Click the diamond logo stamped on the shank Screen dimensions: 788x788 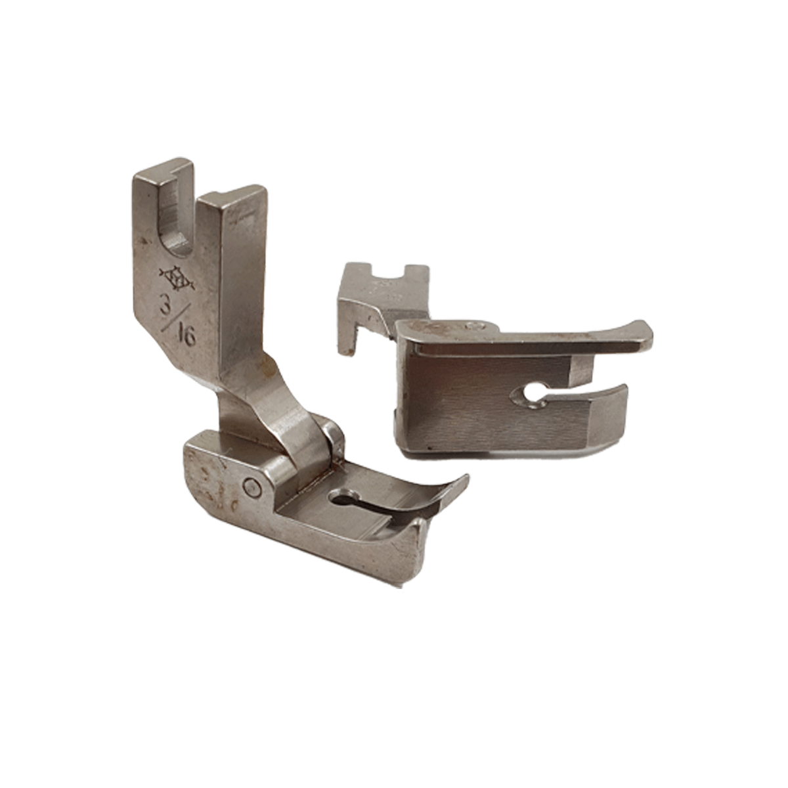[x=177, y=278]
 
